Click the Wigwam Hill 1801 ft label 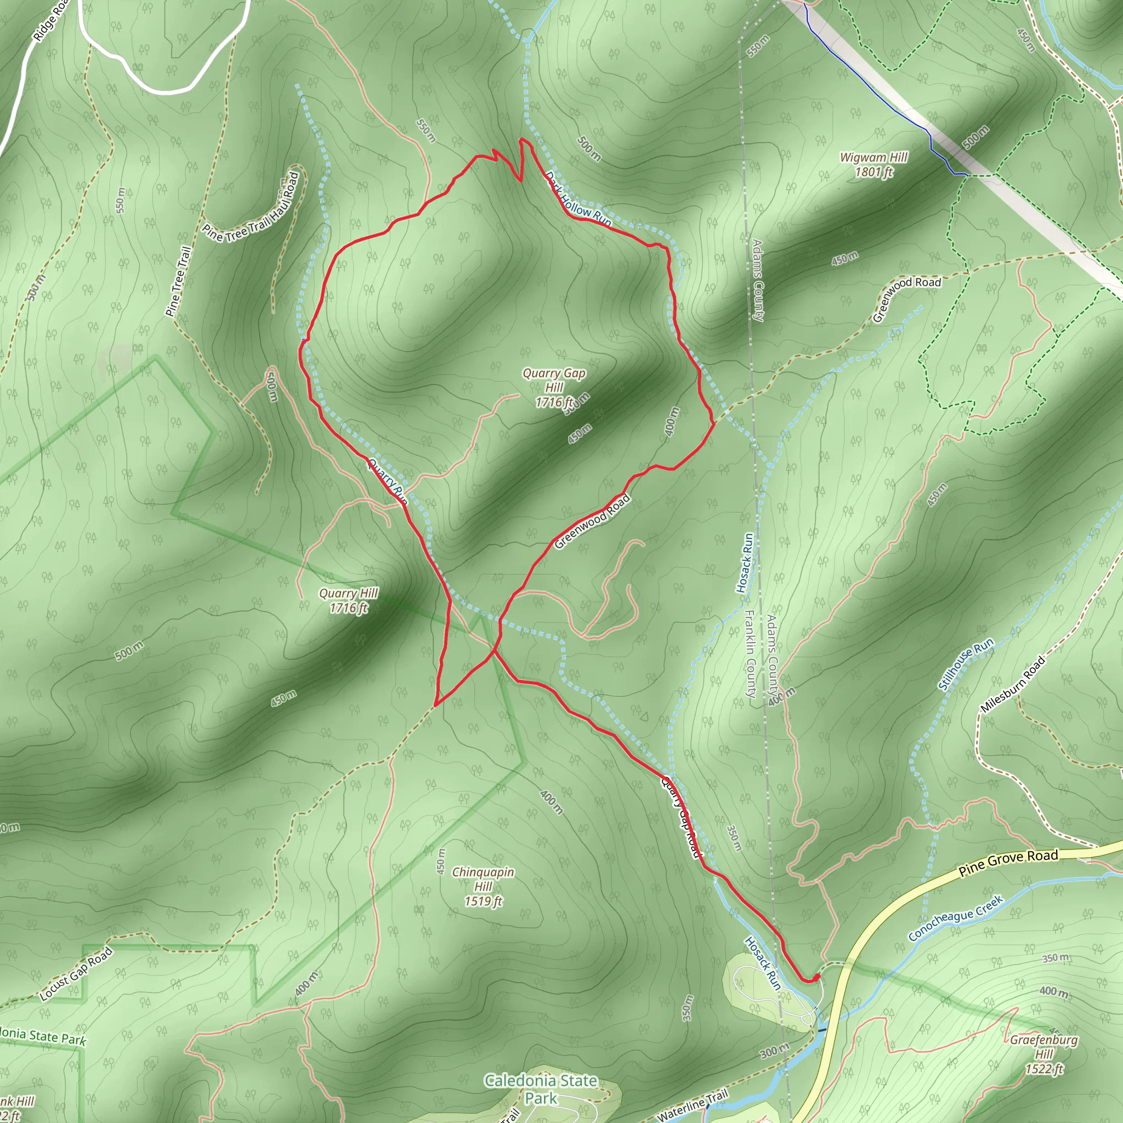click(874, 165)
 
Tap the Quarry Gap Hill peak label click(553, 388)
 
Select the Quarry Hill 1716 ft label click(348, 600)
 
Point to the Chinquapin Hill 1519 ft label click(483, 887)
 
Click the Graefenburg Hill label click(1043, 1054)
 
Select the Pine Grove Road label click(1008, 863)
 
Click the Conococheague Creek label click(956, 918)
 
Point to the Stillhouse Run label click(966, 665)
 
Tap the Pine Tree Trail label click(179, 281)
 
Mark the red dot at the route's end click(816, 977)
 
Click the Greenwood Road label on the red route click(592, 521)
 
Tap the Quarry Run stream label click(387, 481)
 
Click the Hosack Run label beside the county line click(745, 562)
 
